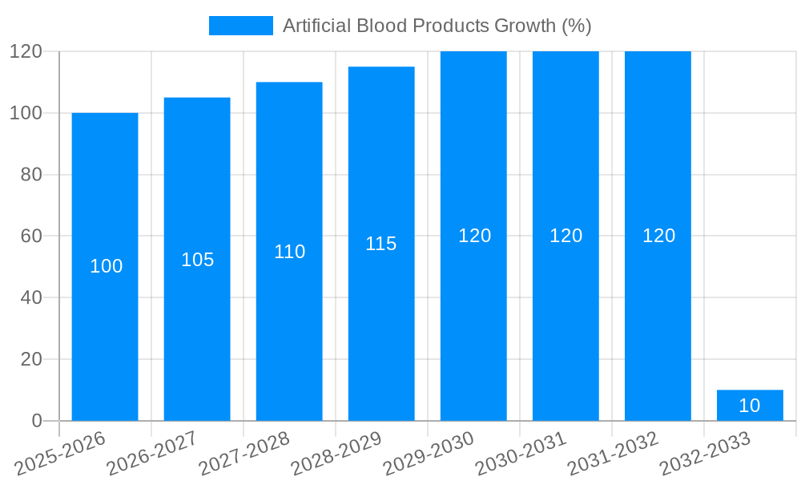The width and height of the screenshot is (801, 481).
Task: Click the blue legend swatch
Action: [x=240, y=26]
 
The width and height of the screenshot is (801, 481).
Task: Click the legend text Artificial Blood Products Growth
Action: [x=437, y=26]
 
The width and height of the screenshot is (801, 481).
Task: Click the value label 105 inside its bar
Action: [x=197, y=260]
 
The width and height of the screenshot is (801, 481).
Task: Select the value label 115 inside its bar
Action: [x=381, y=244]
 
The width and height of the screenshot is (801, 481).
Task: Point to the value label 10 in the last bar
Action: [x=750, y=406]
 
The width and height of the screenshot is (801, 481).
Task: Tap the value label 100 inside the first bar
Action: [x=106, y=266]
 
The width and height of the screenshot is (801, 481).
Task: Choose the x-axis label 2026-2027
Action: [x=152, y=453]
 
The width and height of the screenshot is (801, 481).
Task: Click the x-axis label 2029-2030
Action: [x=429, y=453]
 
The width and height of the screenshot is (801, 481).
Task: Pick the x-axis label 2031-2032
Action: [x=613, y=453]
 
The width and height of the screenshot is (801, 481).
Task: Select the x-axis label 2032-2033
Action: [x=705, y=453]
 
